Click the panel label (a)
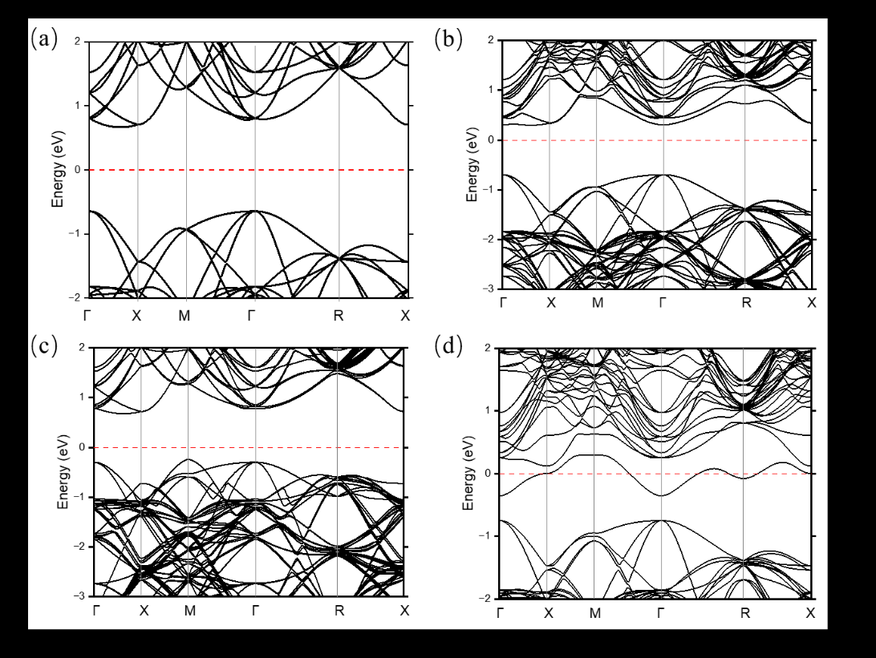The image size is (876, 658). pos(44,39)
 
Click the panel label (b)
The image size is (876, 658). pos(448,39)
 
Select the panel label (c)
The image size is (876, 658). pos(44,346)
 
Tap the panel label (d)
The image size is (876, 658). pos(448,346)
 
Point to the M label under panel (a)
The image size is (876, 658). pos(185,316)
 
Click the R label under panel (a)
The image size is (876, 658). pos(339,316)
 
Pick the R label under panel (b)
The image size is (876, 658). pos(746,302)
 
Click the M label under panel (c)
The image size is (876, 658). pos(190,611)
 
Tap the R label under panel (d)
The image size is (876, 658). pos(744,613)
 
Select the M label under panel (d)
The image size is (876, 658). pos(595,613)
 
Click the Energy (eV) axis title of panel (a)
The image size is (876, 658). pos(58,169)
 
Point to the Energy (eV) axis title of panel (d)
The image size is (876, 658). pos(468,473)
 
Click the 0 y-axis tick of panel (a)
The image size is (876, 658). pos(79,170)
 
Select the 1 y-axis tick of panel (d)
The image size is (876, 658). pos(487,411)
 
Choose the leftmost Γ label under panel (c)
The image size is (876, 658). pos(96,611)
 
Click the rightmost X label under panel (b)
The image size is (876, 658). pos(812,302)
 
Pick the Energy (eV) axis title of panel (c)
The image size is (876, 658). pos(63,471)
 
